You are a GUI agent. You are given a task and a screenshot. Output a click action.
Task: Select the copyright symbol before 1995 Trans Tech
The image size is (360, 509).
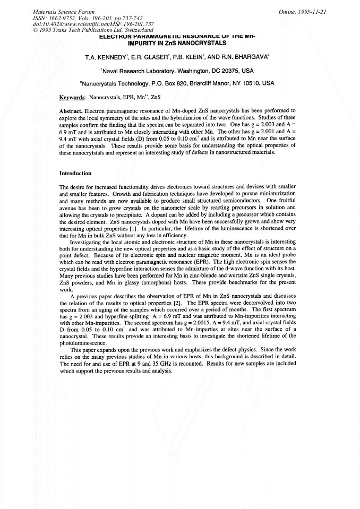(x=35, y=30)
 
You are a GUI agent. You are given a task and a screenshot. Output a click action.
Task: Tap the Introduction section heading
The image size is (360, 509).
(x=76, y=174)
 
